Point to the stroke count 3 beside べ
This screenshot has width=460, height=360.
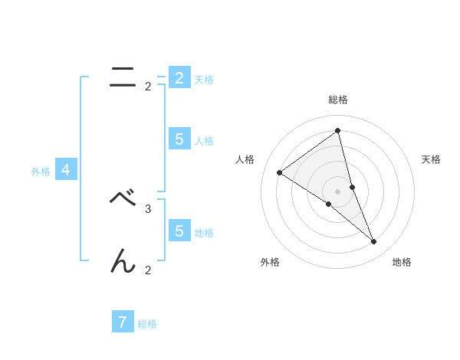(148, 208)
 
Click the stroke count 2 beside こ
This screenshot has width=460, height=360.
(148, 87)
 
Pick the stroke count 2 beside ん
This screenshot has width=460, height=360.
(148, 270)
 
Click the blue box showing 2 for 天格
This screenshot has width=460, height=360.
(179, 77)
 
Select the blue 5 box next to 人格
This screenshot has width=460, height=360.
(179, 139)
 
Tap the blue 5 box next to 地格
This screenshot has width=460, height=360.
(179, 231)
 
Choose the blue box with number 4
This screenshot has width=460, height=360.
(66, 170)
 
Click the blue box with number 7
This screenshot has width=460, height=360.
(123, 322)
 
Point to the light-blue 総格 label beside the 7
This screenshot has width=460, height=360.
(147, 324)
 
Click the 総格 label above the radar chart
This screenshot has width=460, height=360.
(337, 100)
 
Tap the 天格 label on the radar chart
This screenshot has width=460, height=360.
(432, 159)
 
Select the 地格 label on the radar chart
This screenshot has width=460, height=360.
(402, 263)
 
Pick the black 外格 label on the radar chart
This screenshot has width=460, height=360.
(270, 263)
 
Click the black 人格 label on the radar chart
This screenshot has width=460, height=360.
(245, 159)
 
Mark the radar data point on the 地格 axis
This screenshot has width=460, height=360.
(374, 242)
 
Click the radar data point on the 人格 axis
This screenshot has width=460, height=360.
(279, 172)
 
